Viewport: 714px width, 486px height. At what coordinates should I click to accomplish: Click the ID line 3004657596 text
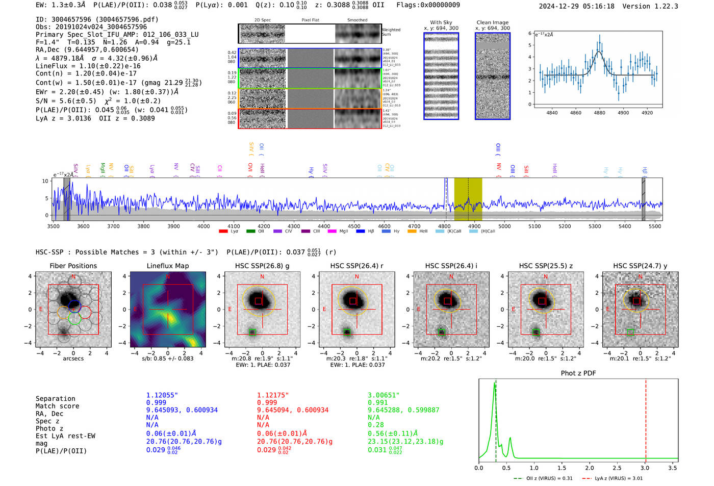click(x=97, y=19)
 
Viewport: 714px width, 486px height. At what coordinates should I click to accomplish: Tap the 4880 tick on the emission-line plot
click(x=599, y=113)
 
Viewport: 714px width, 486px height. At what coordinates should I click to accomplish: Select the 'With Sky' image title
click(x=441, y=22)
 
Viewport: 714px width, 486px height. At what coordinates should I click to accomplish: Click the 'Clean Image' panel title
click(x=492, y=22)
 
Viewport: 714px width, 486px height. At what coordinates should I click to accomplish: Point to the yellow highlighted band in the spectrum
click(x=468, y=199)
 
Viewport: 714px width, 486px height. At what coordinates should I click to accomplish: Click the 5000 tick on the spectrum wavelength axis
click(x=504, y=226)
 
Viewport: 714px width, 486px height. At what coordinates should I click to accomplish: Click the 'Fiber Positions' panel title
click(x=73, y=266)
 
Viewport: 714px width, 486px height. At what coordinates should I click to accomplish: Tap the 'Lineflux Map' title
click(x=167, y=266)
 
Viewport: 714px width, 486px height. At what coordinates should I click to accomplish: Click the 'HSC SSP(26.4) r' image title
click(x=356, y=266)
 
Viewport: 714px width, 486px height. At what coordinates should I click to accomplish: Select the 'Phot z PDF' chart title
click(x=578, y=373)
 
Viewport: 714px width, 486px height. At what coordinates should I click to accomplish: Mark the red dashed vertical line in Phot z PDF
click(x=646, y=418)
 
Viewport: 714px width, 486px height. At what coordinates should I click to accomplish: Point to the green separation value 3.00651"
click(x=384, y=395)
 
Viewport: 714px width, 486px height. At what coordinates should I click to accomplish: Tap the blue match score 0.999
click(x=156, y=402)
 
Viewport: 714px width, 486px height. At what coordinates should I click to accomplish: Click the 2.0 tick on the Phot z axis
click(x=590, y=468)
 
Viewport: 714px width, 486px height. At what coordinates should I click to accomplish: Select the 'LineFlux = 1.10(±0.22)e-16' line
click(x=88, y=66)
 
